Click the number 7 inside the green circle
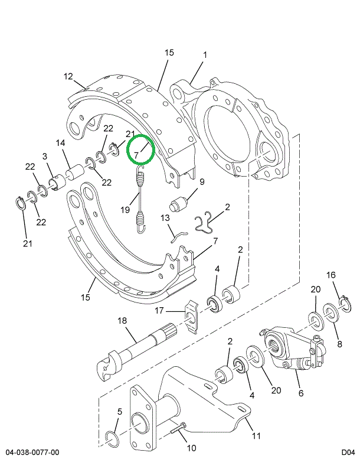pos(136,155)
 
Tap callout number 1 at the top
pos(205,56)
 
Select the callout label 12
pos(68,76)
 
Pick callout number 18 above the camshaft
pos(122,321)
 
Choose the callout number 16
pos(331,275)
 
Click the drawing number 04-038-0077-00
pos(30,453)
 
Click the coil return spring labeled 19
pos(140,195)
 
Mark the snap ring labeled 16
pos(346,304)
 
